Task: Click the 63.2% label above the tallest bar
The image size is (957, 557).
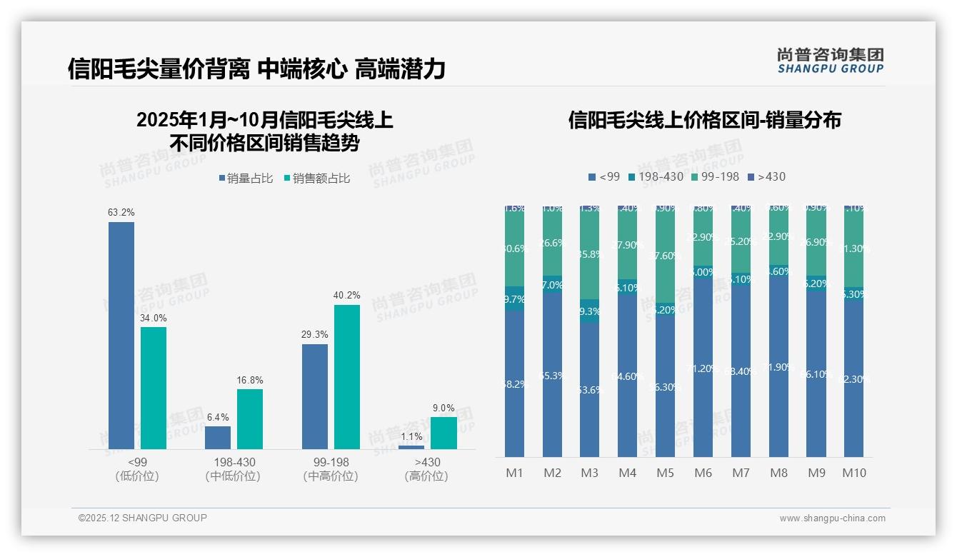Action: click(x=121, y=212)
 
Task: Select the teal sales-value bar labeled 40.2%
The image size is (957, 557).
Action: click(x=347, y=377)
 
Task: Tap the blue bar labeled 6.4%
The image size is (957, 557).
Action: click(x=218, y=437)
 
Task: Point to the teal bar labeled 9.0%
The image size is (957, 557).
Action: click(x=444, y=433)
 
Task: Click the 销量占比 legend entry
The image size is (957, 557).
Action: click(x=246, y=179)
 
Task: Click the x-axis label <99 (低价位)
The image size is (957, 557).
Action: click(x=136, y=469)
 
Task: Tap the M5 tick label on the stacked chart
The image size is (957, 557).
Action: click(x=665, y=473)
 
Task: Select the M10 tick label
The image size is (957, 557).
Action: click(x=854, y=473)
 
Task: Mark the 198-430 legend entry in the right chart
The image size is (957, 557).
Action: click(x=656, y=176)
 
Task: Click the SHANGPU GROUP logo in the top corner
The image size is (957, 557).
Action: click(x=830, y=61)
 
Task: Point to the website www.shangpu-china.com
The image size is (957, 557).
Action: click(x=832, y=518)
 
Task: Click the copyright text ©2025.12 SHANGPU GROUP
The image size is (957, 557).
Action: click(x=143, y=518)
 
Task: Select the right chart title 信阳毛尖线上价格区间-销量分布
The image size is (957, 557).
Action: click(x=704, y=120)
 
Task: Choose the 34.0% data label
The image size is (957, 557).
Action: click(x=154, y=318)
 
